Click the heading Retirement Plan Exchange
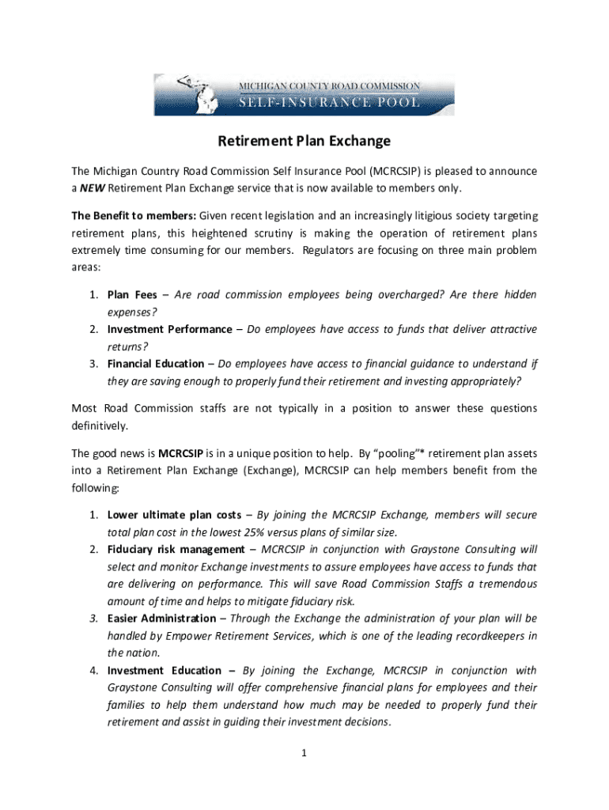click(304, 142)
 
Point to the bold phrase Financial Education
click(156, 364)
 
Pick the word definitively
click(100, 426)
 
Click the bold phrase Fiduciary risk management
click(176, 549)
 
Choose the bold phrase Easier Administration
click(161, 618)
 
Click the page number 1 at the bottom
click(304, 752)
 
